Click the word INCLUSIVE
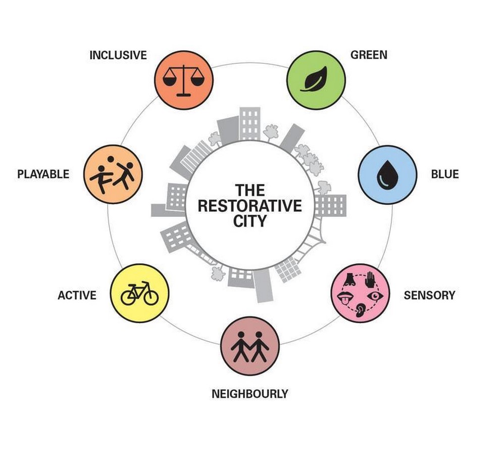coord(118,55)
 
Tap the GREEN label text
coord(369,55)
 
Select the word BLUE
coord(445,174)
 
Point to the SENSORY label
coord(429,295)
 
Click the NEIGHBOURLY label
coord(249,394)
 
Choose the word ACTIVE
coord(77,295)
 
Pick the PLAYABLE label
coord(43,174)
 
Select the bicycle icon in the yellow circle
coord(140,293)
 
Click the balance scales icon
coord(183,80)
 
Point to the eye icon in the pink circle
coord(375,296)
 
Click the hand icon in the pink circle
coord(370,280)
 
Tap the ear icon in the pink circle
coord(361,311)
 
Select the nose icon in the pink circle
coord(349,280)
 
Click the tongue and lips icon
coord(345,298)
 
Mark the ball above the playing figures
coord(111,159)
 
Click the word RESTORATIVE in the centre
coord(249,206)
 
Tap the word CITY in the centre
coord(249,221)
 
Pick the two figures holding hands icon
coord(249,346)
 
